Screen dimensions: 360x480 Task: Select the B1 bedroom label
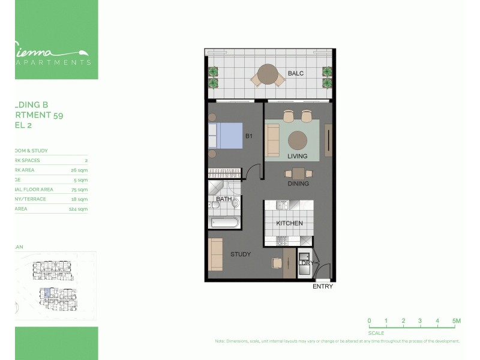pyautogui.click(x=248, y=137)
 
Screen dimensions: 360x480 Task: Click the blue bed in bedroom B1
pyautogui.click(x=225, y=136)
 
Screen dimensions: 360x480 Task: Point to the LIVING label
pyautogui.click(x=297, y=156)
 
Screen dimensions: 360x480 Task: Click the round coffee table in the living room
pyautogui.click(x=297, y=140)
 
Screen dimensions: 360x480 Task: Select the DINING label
pyautogui.click(x=298, y=184)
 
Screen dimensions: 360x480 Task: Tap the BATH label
pyautogui.click(x=224, y=199)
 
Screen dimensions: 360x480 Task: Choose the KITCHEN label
pyautogui.click(x=289, y=223)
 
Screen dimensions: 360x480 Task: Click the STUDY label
pyautogui.click(x=241, y=254)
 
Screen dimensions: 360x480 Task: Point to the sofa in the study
pyautogui.click(x=215, y=254)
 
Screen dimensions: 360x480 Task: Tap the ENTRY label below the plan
pyautogui.click(x=323, y=286)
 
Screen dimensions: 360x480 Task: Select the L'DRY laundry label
pyautogui.click(x=306, y=263)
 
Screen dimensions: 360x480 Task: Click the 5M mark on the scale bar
pyautogui.click(x=457, y=321)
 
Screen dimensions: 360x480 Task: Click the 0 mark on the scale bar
pyautogui.click(x=369, y=321)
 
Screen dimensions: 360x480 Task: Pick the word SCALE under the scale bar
pyautogui.click(x=376, y=333)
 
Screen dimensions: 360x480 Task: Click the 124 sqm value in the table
pyautogui.click(x=79, y=209)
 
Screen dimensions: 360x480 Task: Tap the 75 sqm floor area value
pyautogui.click(x=79, y=190)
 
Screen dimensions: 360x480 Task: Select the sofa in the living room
pyautogui.click(x=272, y=140)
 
